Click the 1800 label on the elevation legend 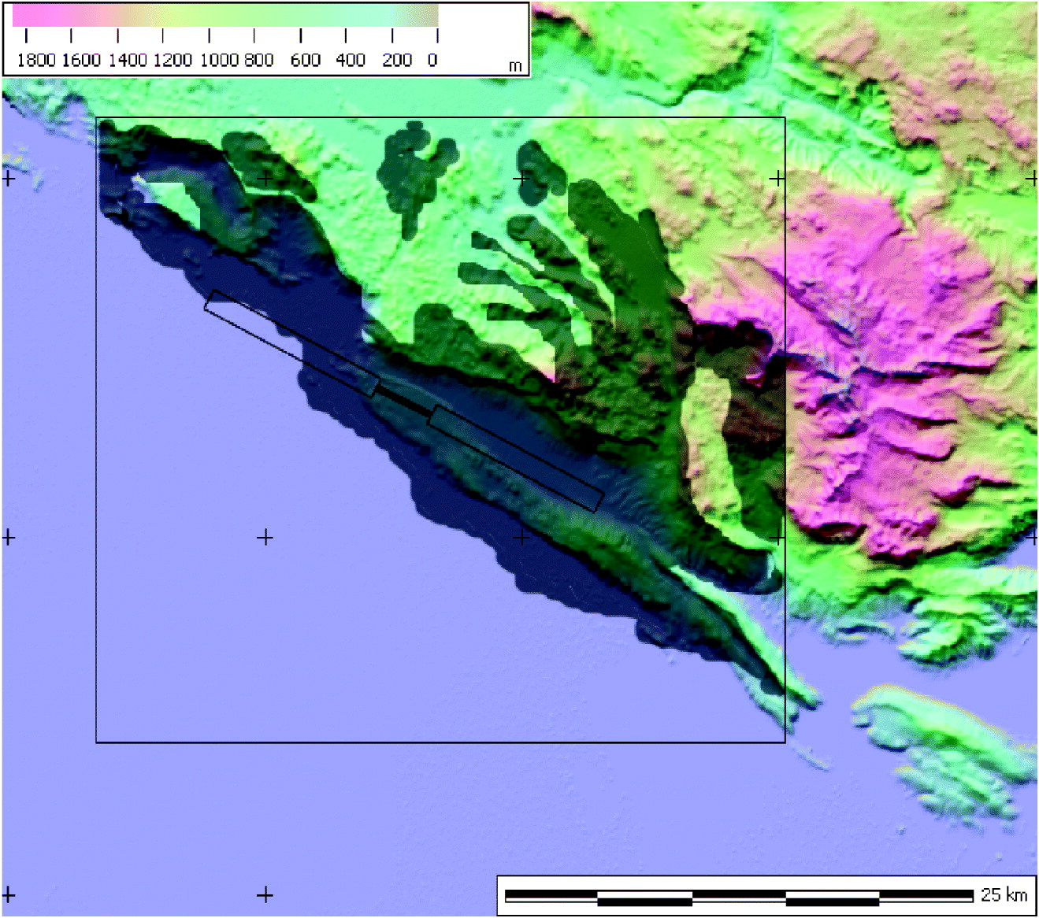click(36, 60)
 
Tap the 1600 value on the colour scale click(81, 60)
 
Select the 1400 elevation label click(128, 60)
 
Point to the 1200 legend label click(173, 60)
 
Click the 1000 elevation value click(218, 60)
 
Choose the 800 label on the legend click(258, 60)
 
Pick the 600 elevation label click(305, 60)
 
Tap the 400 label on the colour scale click(351, 60)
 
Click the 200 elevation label click(397, 60)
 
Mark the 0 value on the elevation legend click(432, 60)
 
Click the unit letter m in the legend click(514, 66)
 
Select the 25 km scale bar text click(1004, 894)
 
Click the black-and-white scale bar click(739, 897)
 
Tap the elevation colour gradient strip click(225, 15)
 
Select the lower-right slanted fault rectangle click(516, 458)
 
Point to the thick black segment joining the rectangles click(403, 399)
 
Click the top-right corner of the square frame click(785, 118)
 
